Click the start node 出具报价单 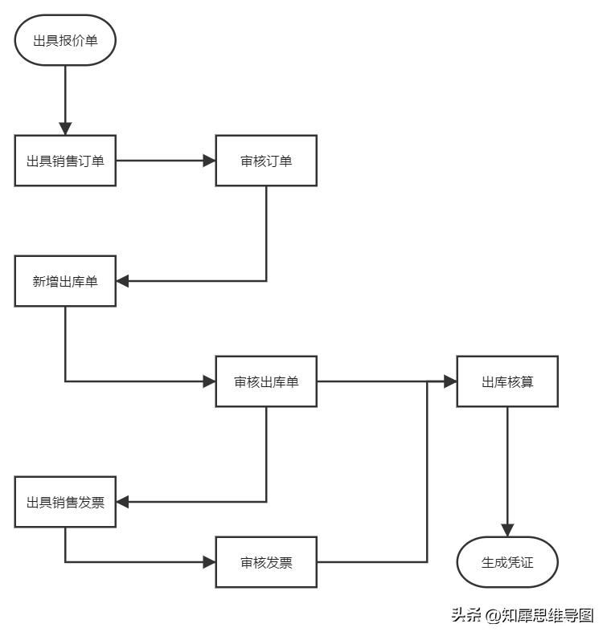pos(65,39)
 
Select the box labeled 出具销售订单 pos(65,161)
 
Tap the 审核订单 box pos(266,161)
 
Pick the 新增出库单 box pos(65,281)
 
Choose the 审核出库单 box pos(266,381)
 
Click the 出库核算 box pos(507,381)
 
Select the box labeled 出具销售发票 pos(65,503)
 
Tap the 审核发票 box pos(266,562)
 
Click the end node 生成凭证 pos(507,562)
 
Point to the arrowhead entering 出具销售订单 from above pos(65,128)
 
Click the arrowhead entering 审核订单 pos(209,161)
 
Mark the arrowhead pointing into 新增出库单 pos(123,281)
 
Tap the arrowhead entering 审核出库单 pos(209,381)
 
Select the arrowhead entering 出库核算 pos(450,381)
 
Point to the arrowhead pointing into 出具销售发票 pos(123,503)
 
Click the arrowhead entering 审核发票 pos(209,562)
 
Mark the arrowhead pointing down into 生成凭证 pos(507,530)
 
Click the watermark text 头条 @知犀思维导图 pos(522,615)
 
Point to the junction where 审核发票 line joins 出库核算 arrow pos(427,381)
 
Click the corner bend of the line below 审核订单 pos(266,281)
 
